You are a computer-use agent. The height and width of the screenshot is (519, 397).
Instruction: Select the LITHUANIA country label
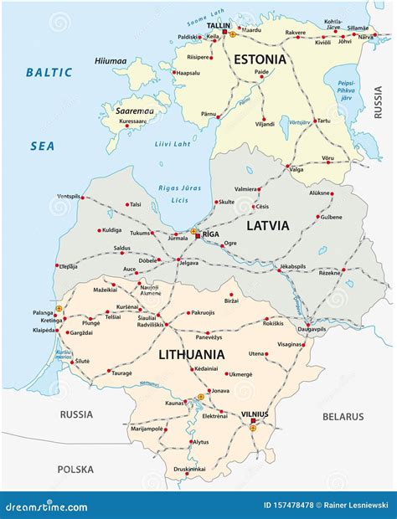[x=191, y=354]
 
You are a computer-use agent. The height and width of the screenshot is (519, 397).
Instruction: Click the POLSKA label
[x=75, y=470]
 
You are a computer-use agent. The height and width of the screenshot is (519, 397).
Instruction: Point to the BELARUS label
[x=343, y=416]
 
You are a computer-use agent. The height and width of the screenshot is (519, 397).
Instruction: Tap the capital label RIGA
[x=210, y=236]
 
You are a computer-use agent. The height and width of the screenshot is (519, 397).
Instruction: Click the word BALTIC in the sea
[x=49, y=73]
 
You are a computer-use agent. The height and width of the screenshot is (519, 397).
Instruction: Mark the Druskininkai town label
[x=183, y=468]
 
